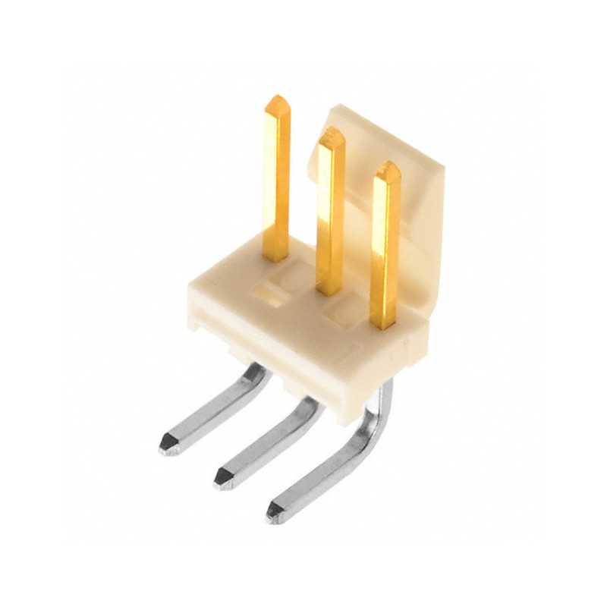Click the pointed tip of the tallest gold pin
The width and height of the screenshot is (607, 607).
click(x=278, y=100)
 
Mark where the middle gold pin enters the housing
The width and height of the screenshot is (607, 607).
click(x=329, y=291)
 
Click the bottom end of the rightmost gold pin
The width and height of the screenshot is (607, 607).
click(x=384, y=325)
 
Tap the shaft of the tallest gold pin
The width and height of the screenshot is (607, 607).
click(x=275, y=182)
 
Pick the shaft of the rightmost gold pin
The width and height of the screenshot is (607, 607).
click(x=385, y=250)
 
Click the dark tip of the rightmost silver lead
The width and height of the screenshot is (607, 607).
click(x=274, y=512)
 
